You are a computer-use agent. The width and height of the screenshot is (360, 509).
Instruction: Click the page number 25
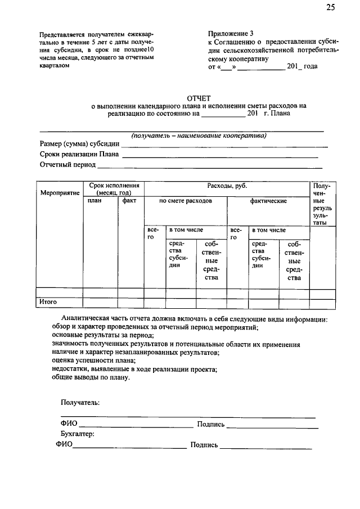pyautogui.click(x=330, y=7)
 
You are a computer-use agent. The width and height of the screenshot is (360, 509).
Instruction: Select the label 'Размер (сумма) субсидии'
pyautogui.click(x=79, y=144)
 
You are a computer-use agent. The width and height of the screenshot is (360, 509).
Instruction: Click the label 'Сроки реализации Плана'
pyautogui.click(x=79, y=155)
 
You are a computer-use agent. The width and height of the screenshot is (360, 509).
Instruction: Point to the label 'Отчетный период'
pyautogui.click(x=67, y=165)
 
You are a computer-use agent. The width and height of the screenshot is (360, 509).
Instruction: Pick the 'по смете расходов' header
pyautogui.click(x=186, y=201)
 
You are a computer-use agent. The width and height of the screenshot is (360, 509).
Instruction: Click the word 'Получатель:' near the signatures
pyautogui.click(x=80, y=403)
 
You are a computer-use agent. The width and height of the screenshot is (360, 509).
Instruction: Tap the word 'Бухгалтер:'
pyautogui.click(x=78, y=434)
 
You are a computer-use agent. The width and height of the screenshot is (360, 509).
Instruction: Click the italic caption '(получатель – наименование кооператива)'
pyautogui.click(x=199, y=136)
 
